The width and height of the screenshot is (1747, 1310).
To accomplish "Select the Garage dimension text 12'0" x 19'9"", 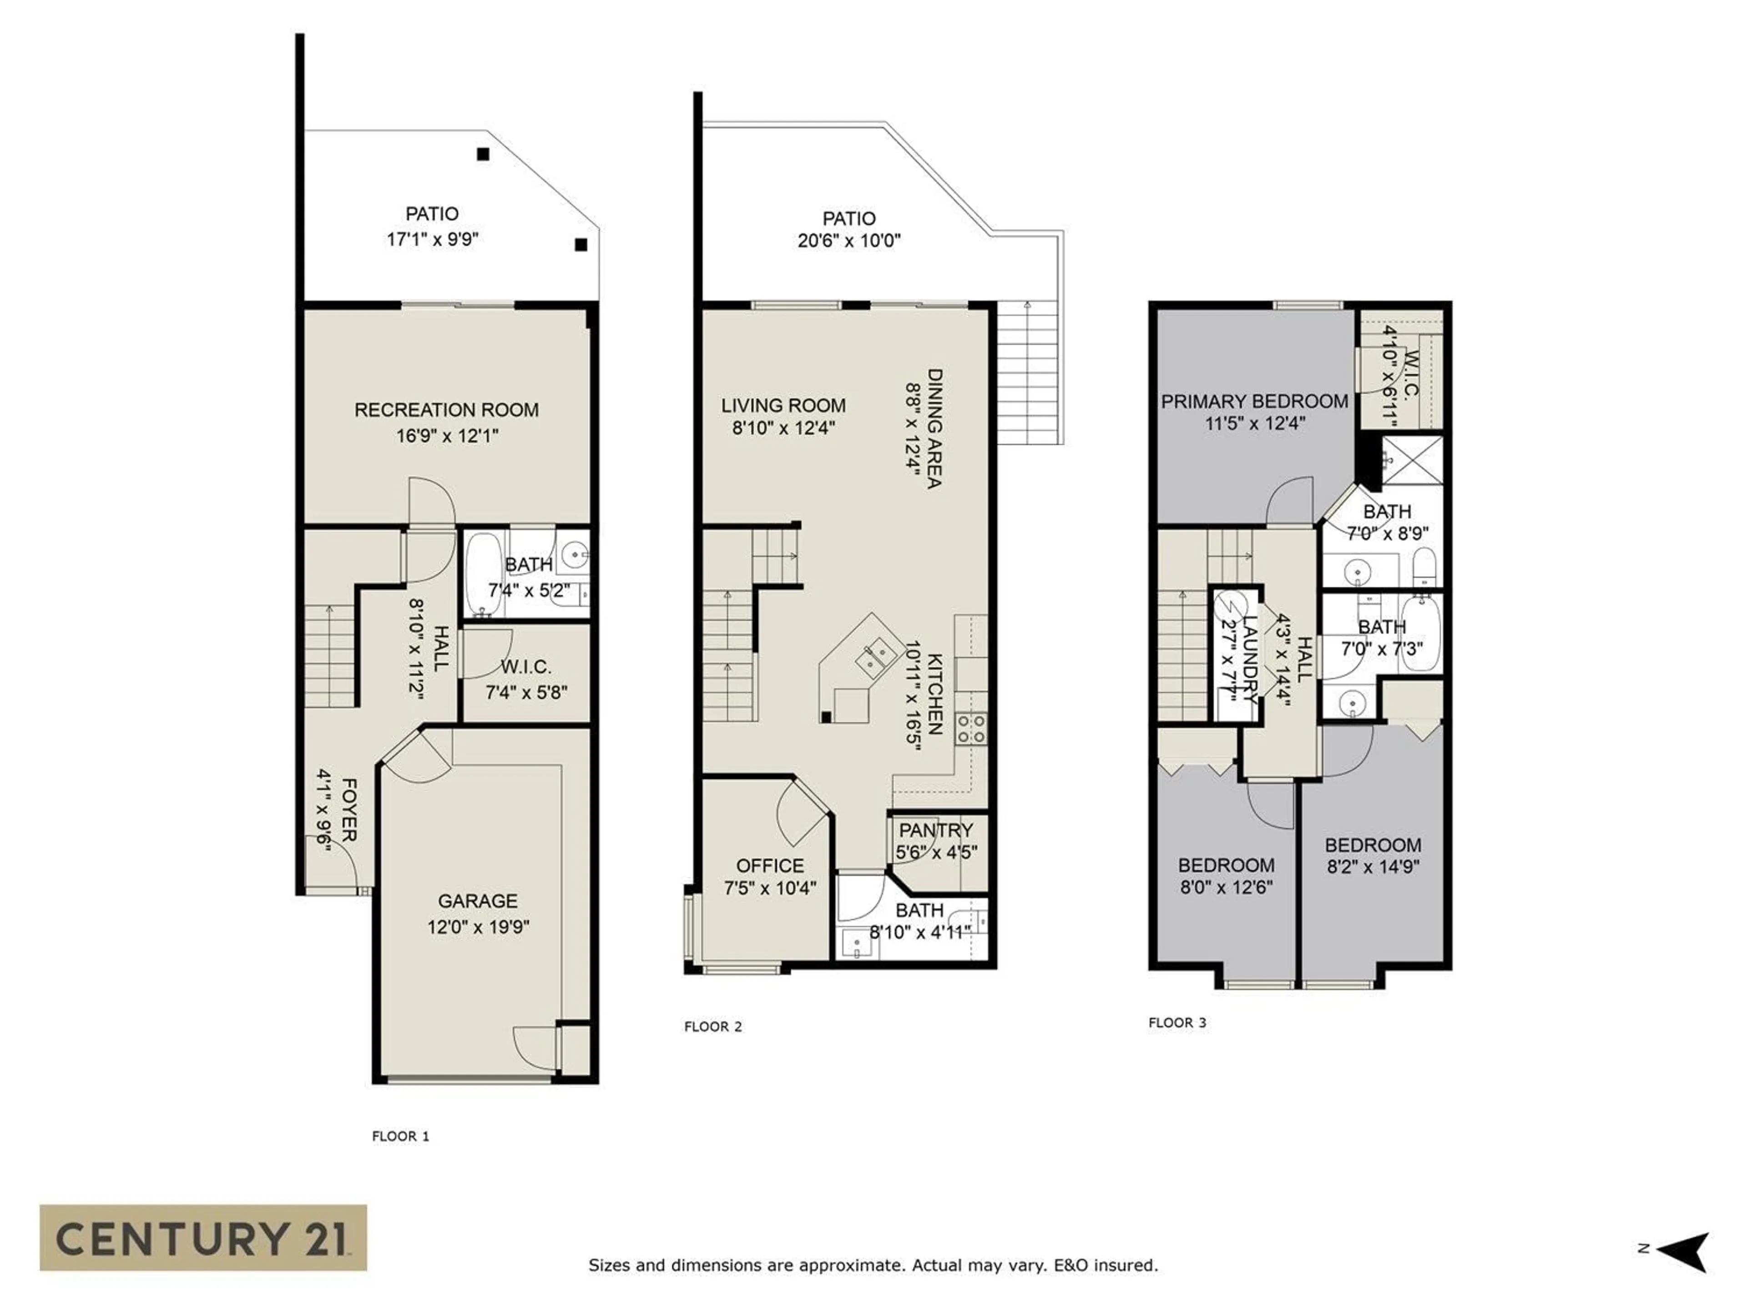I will [478, 926].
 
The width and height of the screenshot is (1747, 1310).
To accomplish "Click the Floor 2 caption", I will [712, 1027].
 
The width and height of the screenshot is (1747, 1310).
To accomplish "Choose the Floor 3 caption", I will [1177, 1023].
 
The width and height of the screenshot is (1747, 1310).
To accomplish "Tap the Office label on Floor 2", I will [770, 866].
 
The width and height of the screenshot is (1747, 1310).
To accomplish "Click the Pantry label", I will [936, 830].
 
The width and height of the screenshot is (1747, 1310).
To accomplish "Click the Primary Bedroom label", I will [1254, 401].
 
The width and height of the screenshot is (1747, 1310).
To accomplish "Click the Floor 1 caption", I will [400, 1136].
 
